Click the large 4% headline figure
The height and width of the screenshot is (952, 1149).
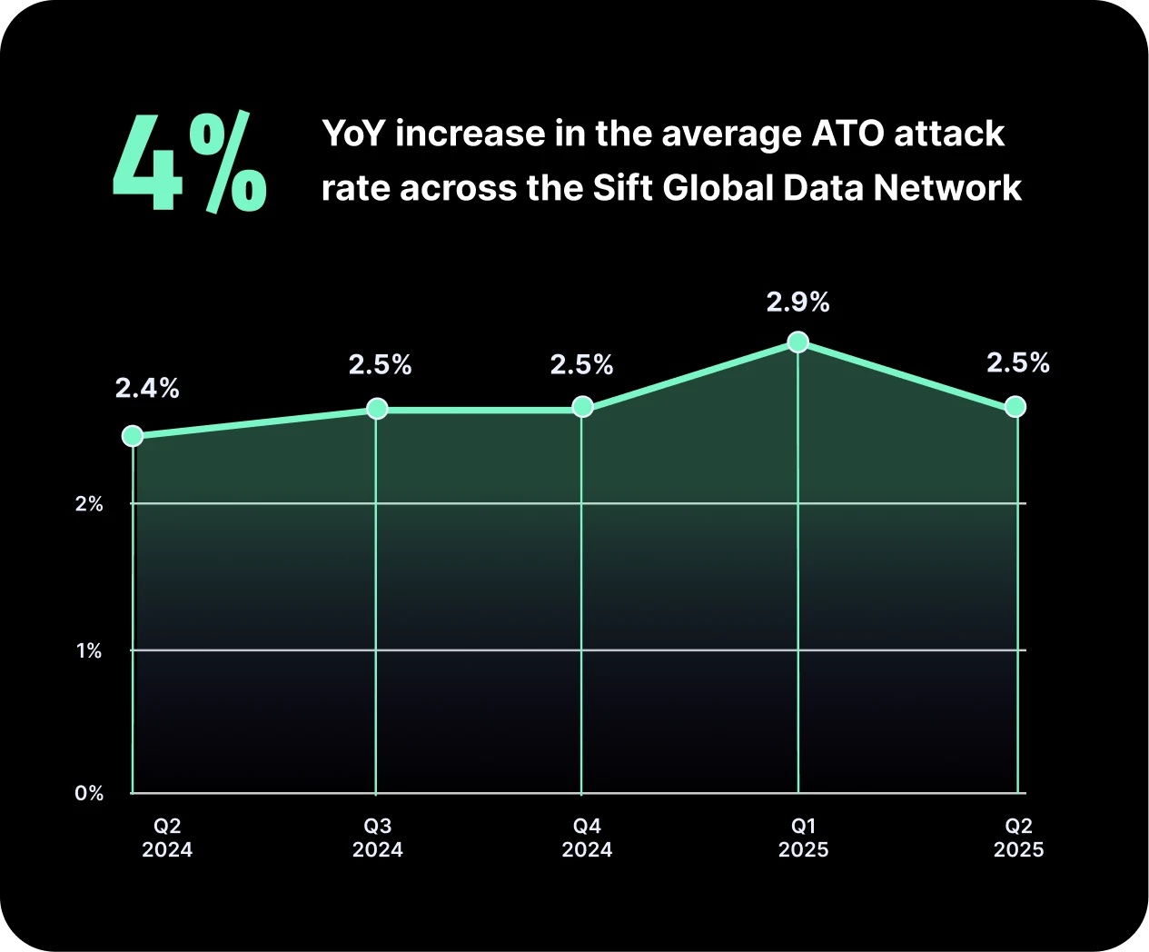click(x=189, y=164)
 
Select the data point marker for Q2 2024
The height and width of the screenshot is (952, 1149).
click(x=133, y=436)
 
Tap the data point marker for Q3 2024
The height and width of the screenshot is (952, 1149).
click(x=377, y=409)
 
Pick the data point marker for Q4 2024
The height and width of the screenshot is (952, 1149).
click(x=583, y=407)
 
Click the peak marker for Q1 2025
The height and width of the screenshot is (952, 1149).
click(x=797, y=342)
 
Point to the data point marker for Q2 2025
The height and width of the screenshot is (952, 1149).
click(x=1015, y=407)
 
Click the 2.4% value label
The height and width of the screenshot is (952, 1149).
click(x=147, y=389)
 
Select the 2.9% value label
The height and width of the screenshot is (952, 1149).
click(x=797, y=302)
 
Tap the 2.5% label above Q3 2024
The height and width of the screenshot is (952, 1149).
click(x=380, y=365)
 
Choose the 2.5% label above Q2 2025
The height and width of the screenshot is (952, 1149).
click(x=1017, y=363)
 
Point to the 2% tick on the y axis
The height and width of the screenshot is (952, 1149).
click(x=89, y=504)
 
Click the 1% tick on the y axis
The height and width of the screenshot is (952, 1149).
click(x=89, y=651)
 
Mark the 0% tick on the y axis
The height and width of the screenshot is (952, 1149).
click(x=89, y=794)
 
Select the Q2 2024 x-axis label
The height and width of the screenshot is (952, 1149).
click(x=167, y=838)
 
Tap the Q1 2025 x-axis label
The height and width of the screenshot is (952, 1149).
click(x=803, y=838)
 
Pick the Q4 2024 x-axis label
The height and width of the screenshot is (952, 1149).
click(x=587, y=838)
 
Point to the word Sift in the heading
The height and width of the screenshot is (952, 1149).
click(x=623, y=188)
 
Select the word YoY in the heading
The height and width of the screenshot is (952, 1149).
click(x=354, y=134)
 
